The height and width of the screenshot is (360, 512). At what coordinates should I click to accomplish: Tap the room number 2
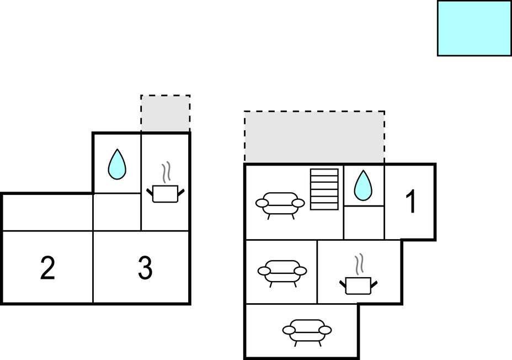pyautogui.click(x=48, y=269)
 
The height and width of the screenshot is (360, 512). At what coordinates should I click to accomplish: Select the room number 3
pyautogui.click(x=145, y=269)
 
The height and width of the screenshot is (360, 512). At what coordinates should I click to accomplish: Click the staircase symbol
pyautogui.click(x=324, y=189)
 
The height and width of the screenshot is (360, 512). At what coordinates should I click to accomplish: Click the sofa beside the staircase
pyautogui.click(x=280, y=204)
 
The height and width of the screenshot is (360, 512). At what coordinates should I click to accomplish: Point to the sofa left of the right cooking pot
pyautogui.click(x=282, y=271)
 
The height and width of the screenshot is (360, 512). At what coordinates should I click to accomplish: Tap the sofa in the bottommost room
pyautogui.click(x=307, y=331)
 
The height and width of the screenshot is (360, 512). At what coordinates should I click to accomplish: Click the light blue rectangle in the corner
pyautogui.click(x=474, y=28)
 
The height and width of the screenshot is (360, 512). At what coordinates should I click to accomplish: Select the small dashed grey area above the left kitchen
pyautogui.click(x=166, y=113)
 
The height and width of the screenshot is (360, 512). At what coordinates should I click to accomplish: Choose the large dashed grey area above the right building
pyautogui.click(x=314, y=137)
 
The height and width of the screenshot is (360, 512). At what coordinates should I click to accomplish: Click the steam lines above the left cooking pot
pyautogui.click(x=166, y=172)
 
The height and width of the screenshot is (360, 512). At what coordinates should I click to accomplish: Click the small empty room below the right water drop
pyautogui.click(x=364, y=223)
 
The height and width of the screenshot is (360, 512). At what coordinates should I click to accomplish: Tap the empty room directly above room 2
pyautogui.click(x=47, y=212)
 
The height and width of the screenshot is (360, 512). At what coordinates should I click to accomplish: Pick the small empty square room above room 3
pyautogui.click(x=117, y=212)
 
